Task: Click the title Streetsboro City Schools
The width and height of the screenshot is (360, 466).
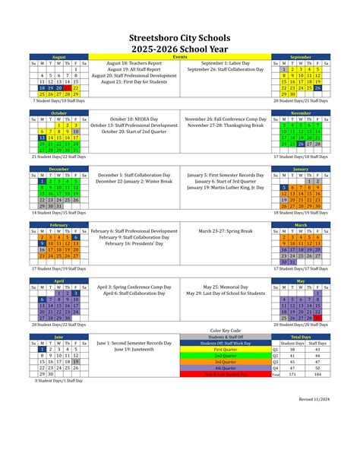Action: point(180,35)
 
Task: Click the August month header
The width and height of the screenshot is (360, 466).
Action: point(58,57)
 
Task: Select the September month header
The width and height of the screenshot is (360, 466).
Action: point(301,57)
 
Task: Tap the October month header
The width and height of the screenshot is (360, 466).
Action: point(58,113)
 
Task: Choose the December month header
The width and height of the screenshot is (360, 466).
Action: point(58,169)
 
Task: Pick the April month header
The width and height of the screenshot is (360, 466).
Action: point(58,281)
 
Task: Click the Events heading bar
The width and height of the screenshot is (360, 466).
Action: point(180,57)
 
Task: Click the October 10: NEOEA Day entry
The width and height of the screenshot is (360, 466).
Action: point(134,119)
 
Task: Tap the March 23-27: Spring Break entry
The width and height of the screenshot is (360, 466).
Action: point(225,231)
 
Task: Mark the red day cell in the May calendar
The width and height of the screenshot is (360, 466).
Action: point(327,318)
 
